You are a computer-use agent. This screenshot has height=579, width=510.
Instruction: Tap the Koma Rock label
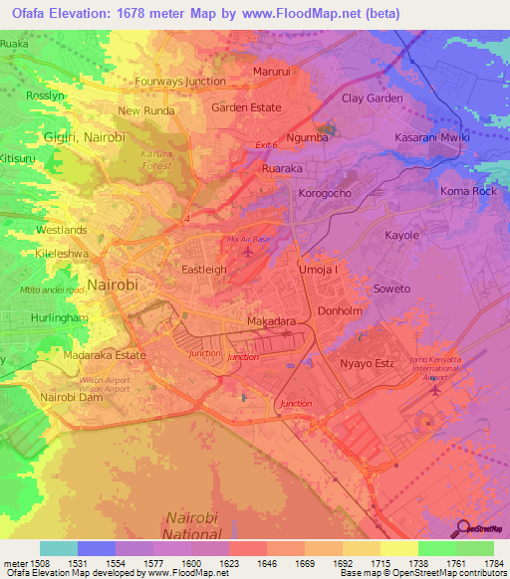point(467,191)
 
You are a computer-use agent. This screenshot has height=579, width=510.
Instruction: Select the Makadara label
point(272,322)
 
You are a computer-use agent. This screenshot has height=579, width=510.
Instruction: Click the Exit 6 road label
point(264,145)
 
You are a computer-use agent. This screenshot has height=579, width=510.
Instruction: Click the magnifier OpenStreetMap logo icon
point(461,527)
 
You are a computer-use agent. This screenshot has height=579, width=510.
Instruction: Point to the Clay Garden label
point(373,98)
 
